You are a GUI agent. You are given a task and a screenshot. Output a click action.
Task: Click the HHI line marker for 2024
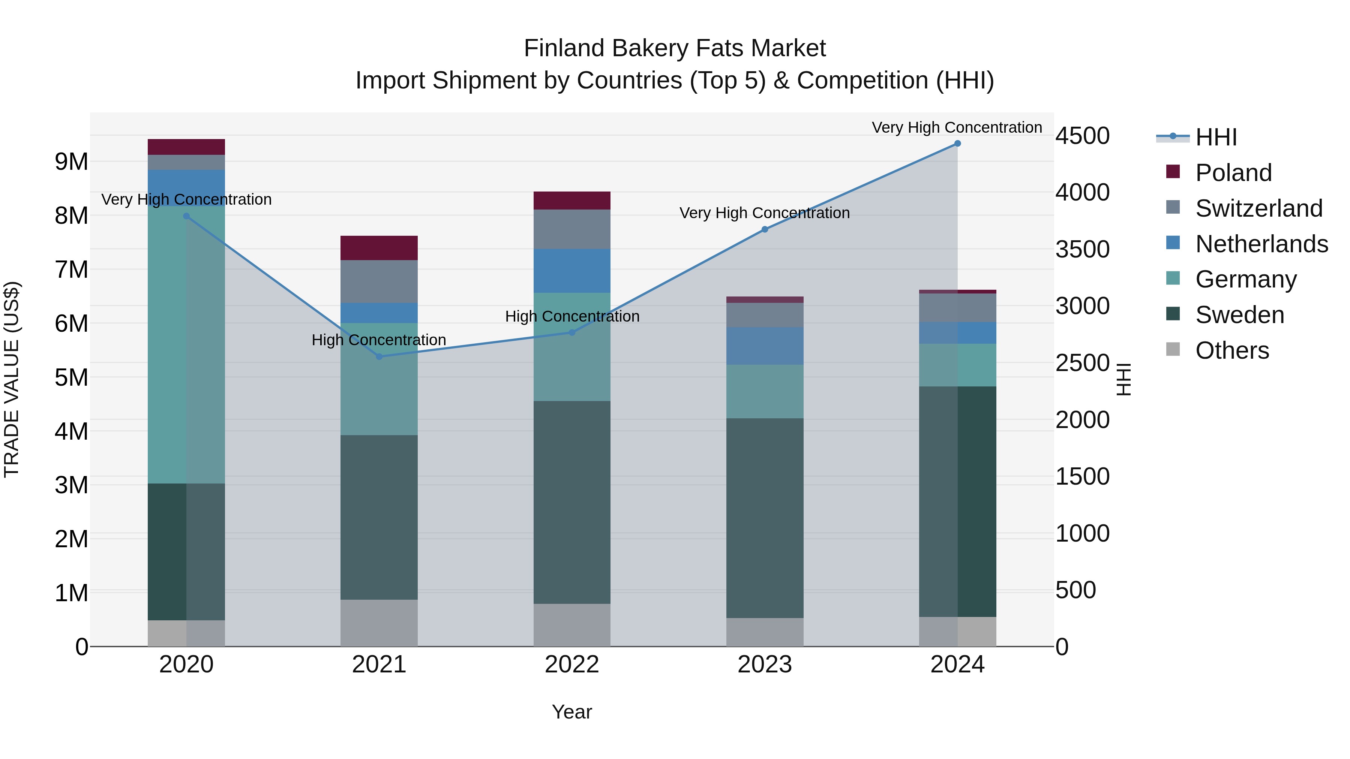click(957, 144)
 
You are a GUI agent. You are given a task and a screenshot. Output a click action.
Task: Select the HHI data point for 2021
click(379, 357)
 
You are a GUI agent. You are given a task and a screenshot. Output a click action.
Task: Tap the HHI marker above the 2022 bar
click(572, 332)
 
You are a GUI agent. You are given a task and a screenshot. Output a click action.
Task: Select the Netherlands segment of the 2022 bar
click(572, 271)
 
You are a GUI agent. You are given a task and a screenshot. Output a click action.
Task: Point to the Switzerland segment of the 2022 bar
click(572, 229)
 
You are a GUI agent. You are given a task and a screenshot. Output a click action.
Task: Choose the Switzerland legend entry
click(1258, 208)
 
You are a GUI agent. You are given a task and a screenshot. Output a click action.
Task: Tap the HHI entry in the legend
click(1216, 137)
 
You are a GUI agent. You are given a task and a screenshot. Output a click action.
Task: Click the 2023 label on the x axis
click(765, 665)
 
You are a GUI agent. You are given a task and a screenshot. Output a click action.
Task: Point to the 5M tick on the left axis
click(71, 377)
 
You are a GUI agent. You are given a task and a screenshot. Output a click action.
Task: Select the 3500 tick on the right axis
click(1082, 249)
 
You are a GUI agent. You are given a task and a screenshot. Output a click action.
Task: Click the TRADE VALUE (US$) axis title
click(12, 379)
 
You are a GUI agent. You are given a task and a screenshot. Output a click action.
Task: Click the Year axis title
click(572, 712)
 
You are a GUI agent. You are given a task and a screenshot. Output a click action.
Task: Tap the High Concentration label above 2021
click(379, 340)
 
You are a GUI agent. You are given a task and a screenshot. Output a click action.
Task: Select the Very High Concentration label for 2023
click(765, 213)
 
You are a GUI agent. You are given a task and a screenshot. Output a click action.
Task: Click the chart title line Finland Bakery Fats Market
click(675, 48)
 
